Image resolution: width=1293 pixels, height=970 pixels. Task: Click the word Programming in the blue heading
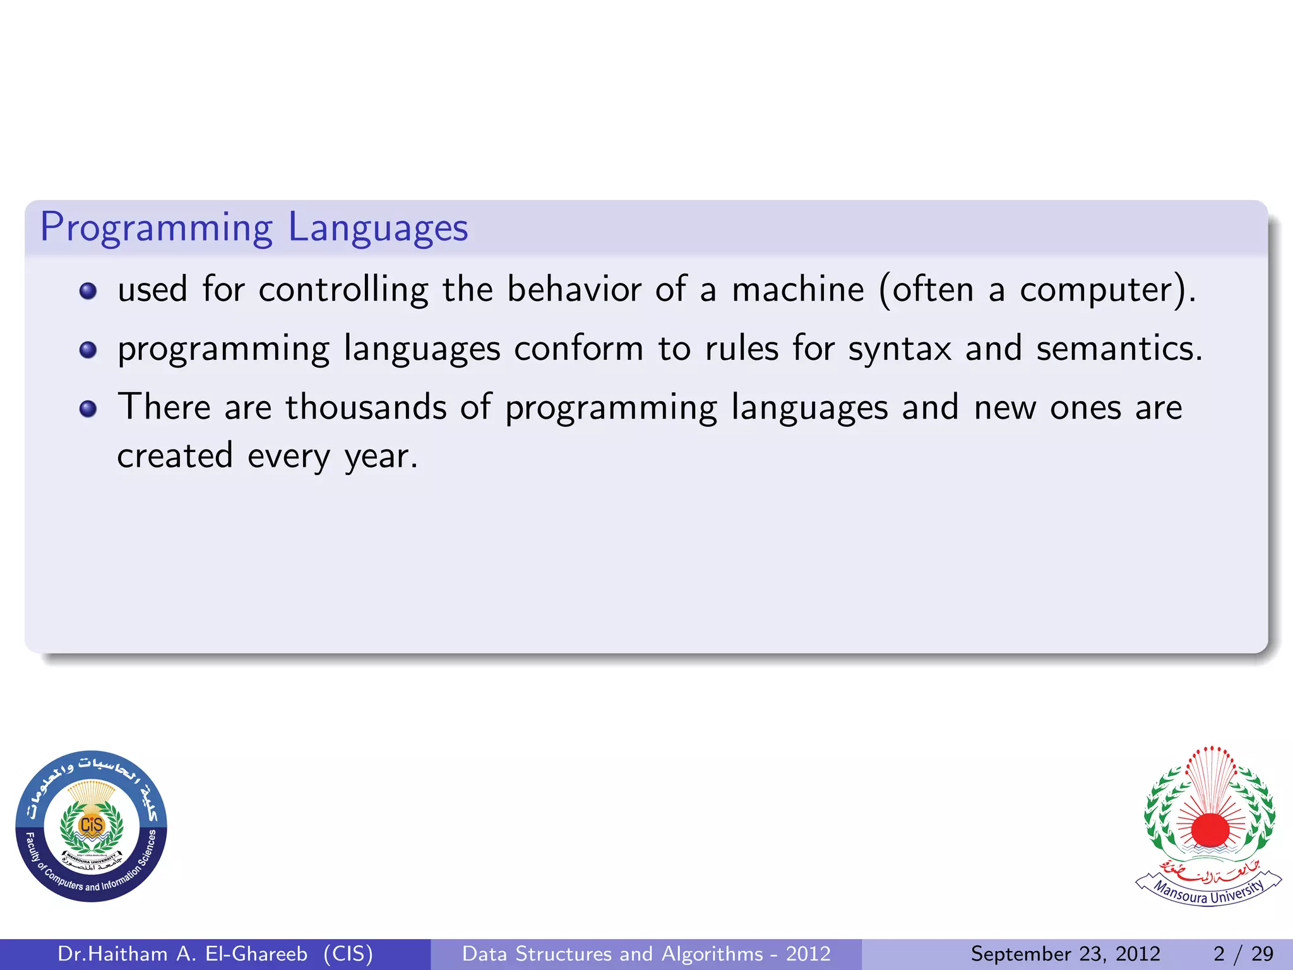(157, 228)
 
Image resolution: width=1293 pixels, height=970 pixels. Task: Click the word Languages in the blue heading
(378, 228)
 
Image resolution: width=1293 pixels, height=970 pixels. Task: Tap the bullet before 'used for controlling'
(88, 291)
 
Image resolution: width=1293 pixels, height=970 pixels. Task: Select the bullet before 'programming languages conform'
(88, 350)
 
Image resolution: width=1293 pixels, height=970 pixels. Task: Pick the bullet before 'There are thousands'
(88, 409)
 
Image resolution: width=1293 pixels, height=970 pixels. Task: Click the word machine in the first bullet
(797, 290)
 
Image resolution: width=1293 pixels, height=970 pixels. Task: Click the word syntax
(899, 349)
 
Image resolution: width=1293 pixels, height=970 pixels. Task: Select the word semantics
(1118, 348)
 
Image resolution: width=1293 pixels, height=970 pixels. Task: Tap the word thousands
(366, 407)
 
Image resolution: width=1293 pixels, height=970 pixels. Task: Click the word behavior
(574, 290)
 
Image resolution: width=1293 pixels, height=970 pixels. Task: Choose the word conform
(578, 349)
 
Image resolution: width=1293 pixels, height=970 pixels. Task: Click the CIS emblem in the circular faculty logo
(92, 825)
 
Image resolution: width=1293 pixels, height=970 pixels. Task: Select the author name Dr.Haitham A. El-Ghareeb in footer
(182, 954)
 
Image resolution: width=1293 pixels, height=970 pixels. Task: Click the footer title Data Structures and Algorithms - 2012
(646, 954)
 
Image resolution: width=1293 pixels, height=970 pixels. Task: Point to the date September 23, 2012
(1065, 954)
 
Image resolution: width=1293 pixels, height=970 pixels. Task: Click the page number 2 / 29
(1242, 954)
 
